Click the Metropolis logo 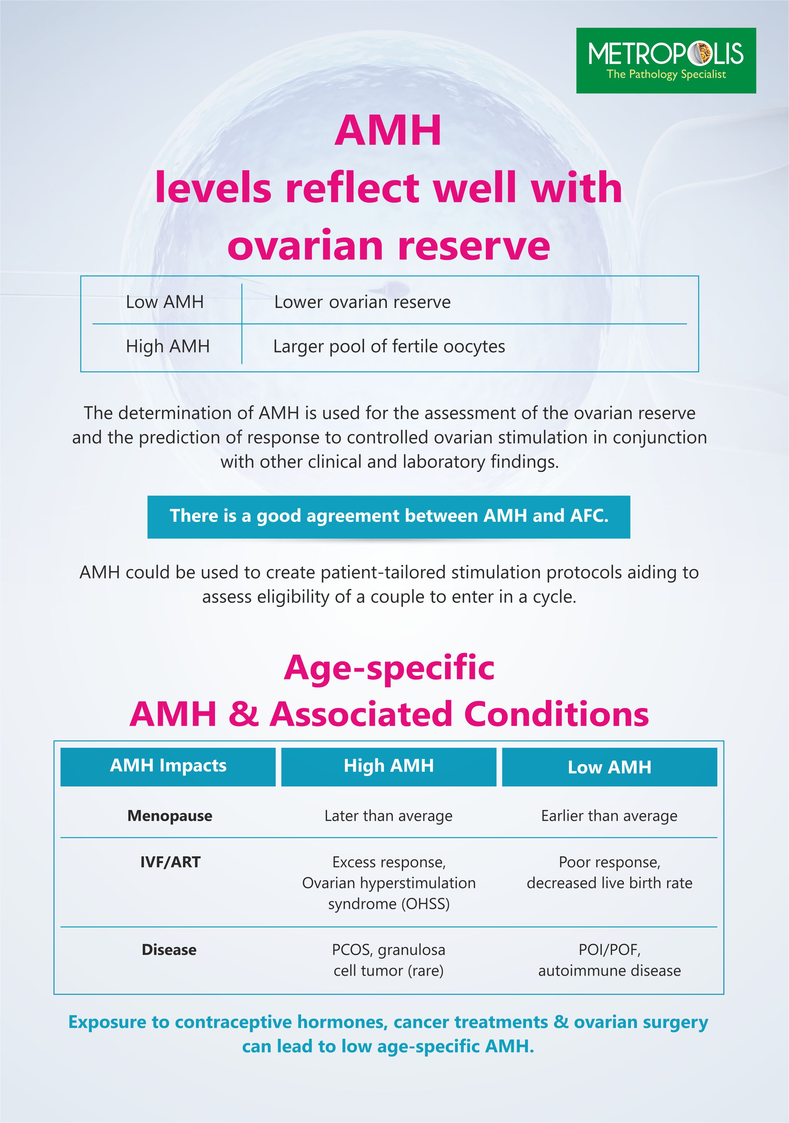[x=666, y=61]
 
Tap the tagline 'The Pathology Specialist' [x=666, y=74]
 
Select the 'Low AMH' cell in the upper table [x=165, y=302]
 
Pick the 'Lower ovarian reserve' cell [x=362, y=302]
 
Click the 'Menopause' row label [x=170, y=815]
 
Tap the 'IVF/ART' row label [x=170, y=862]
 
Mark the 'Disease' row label [x=169, y=949]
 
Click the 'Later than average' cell [x=389, y=816]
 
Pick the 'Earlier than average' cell [x=609, y=816]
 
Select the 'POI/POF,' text [x=609, y=950]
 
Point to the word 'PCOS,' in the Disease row [x=353, y=950]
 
